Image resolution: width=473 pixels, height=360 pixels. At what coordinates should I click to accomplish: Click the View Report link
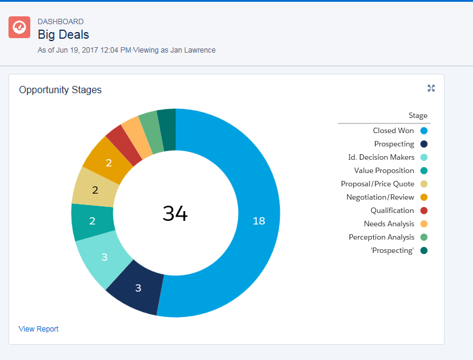39,329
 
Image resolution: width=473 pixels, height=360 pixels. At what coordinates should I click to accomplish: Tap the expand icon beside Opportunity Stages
431,88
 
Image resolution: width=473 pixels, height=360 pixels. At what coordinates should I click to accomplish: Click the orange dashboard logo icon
19,27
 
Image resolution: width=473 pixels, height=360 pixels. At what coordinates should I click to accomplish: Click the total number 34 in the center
175,213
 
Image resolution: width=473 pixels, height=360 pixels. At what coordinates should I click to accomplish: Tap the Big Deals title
63,34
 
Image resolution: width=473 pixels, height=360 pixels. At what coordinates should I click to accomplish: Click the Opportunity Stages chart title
61,90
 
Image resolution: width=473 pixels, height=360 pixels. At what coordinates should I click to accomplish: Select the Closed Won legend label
394,131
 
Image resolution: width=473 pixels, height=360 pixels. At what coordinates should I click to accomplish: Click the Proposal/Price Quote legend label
377,184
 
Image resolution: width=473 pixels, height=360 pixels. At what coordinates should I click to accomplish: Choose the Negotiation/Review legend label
380,197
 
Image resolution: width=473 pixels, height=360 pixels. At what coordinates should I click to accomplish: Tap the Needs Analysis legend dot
424,224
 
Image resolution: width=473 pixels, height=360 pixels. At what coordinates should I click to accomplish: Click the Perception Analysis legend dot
424,237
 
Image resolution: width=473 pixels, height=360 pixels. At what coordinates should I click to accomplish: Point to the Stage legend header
418,116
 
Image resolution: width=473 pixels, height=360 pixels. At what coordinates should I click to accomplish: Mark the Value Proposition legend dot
424,171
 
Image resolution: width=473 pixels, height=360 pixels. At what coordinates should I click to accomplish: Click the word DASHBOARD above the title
61,22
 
